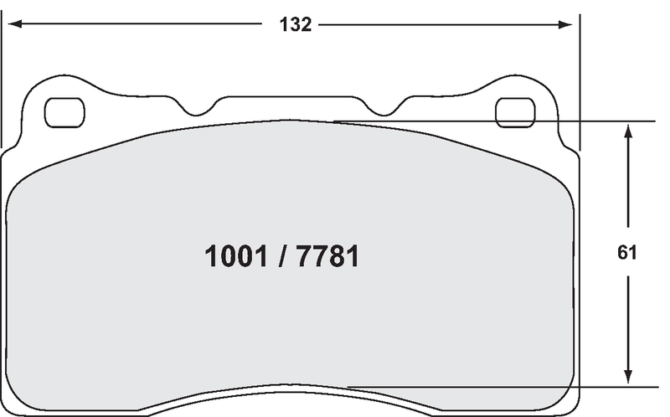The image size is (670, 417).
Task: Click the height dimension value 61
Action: coord(627,253)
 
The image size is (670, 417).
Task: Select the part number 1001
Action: coord(235,257)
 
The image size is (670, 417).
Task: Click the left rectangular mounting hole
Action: coord(64,113)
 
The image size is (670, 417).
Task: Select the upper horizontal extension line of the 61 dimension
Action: coord(502,122)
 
